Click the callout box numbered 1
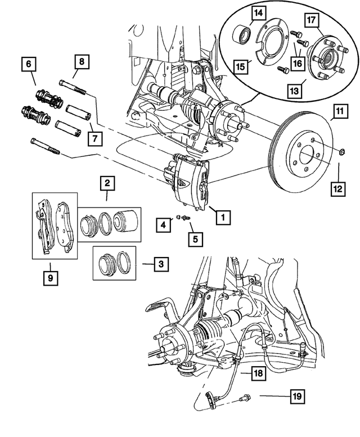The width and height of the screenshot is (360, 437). [223, 216]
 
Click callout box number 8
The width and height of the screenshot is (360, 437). [81, 62]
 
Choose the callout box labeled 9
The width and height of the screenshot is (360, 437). [51, 278]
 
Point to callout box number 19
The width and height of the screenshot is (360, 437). [297, 397]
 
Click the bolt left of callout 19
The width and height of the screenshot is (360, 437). [245, 398]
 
